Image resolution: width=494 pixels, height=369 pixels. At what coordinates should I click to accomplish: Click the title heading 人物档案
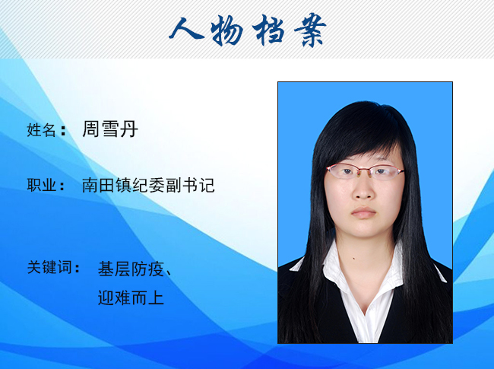pyautogui.click(x=248, y=30)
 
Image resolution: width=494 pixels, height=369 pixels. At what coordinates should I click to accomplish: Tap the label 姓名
pyautogui.click(x=41, y=130)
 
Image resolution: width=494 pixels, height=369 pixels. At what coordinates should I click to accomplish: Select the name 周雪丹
pyautogui.click(x=110, y=129)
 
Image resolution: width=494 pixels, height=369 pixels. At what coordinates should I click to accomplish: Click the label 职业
pyautogui.click(x=41, y=185)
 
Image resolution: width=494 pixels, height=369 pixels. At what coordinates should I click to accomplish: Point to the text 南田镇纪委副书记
pyautogui.click(x=148, y=185)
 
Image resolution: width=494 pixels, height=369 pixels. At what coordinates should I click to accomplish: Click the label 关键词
pyautogui.click(x=49, y=267)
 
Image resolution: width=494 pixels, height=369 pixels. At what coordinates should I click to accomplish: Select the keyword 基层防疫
pyautogui.click(x=131, y=269)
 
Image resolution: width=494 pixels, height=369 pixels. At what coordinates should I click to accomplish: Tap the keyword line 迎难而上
pyautogui.click(x=131, y=297)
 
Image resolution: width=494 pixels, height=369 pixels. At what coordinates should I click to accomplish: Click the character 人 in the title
pyautogui.click(x=186, y=29)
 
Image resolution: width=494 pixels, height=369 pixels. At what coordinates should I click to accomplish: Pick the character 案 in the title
pyautogui.click(x=310, y=30)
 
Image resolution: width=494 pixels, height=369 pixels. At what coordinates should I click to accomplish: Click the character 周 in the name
pyautogui.click(x=91, y=129)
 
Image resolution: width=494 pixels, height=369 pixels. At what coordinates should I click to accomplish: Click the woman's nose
pyautogui.click(x=363, y=189)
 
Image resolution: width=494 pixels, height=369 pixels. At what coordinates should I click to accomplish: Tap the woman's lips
pyautogui.click(x=363, y=213)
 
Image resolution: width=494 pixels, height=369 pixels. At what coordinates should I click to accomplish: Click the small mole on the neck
pyautogui.click(x=354, y=259)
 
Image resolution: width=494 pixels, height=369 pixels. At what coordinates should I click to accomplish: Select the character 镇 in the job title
pyautogui.click(x=123, y=185)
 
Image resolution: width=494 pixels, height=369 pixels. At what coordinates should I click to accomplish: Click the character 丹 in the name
pyautogui.click(x=129, y=129)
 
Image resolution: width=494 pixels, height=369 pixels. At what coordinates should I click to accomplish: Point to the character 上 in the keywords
pyautogui.click(x=157, y=297)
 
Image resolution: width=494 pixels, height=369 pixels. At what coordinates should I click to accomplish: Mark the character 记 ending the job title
pyautogui.click(x=207, y=185)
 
